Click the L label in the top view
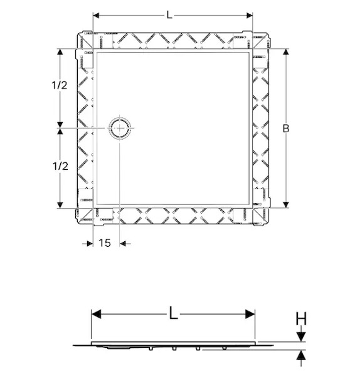[x=169, y=15]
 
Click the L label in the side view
[x=173, y=313]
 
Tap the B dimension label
[x=286, y=128]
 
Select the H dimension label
[x=301, y=318]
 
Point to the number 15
[x=105, y=243]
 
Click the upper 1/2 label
[x=60, y=85]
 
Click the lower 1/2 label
[x=60, y=166]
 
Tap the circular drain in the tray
[x=120, y=128]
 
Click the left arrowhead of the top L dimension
[x=96, y=15]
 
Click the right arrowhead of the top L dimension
[x=250, y=15]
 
